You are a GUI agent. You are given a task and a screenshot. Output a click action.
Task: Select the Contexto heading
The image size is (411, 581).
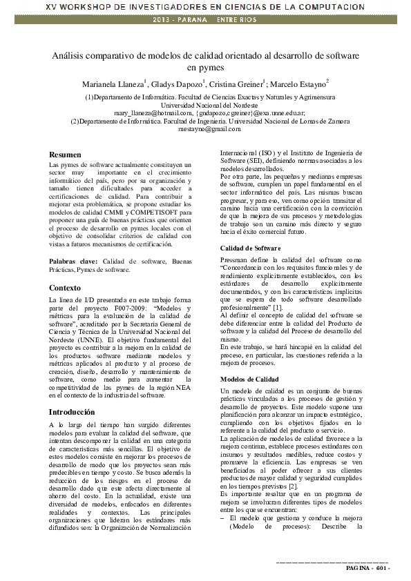point(65,288)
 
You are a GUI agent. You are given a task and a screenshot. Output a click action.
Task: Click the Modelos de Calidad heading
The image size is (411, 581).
point(249,380)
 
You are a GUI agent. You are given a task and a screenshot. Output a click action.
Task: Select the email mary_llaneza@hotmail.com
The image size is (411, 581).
point(153,113)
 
